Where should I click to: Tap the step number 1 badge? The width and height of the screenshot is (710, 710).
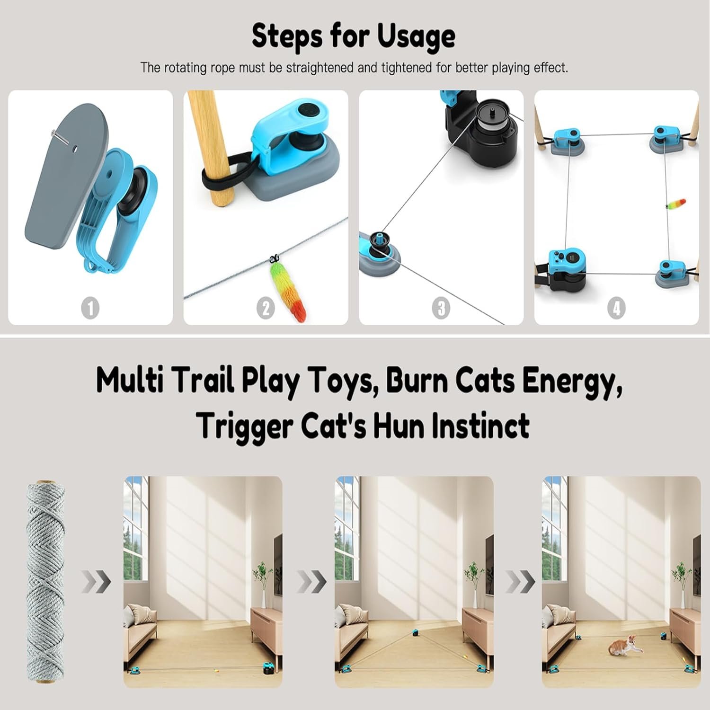90,308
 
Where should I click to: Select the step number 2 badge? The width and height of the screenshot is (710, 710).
266,308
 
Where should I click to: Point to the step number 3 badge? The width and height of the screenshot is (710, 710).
441,308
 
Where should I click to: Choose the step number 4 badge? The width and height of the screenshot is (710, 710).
616,308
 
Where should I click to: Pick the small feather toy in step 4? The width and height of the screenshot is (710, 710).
676,204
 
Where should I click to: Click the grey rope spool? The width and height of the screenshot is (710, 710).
45,582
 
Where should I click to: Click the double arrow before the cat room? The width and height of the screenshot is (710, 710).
520,581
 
